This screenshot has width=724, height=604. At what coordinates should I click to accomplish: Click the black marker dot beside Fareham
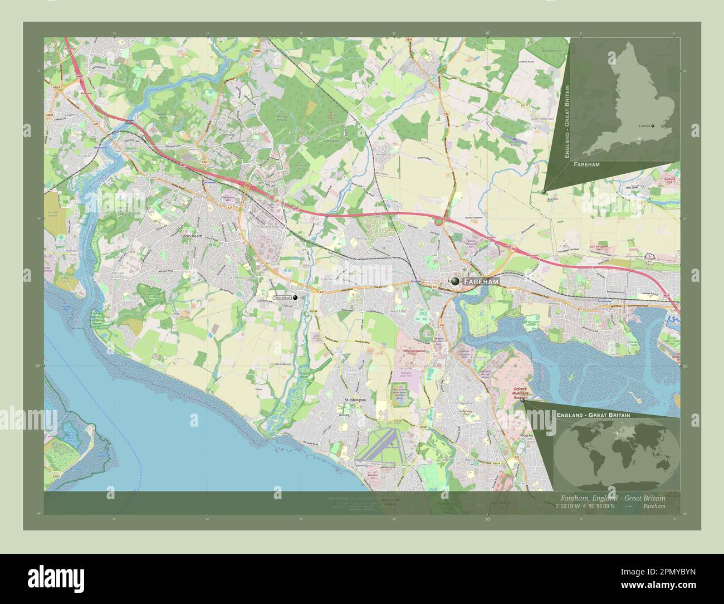456,282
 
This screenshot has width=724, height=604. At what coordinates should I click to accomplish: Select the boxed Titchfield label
282,299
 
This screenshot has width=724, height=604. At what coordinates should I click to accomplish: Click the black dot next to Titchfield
295,298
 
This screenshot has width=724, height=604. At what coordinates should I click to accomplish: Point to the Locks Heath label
193,236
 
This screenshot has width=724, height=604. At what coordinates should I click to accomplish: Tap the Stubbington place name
355,400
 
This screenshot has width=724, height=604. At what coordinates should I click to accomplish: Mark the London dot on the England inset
653,126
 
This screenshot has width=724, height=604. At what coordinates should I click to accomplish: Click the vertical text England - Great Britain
567,121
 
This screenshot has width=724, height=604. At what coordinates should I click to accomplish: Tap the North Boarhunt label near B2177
543,119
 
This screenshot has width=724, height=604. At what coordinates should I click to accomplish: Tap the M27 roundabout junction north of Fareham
438,222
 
